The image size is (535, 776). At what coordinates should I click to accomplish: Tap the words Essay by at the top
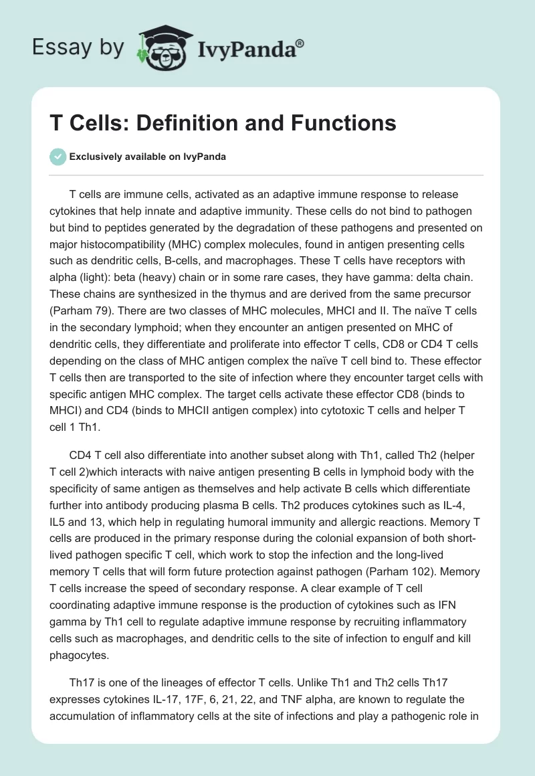[x=78, y=47]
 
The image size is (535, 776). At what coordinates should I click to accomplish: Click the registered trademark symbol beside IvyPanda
[x=300, y=43]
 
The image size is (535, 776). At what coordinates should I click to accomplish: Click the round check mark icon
[x=58, y=157]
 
